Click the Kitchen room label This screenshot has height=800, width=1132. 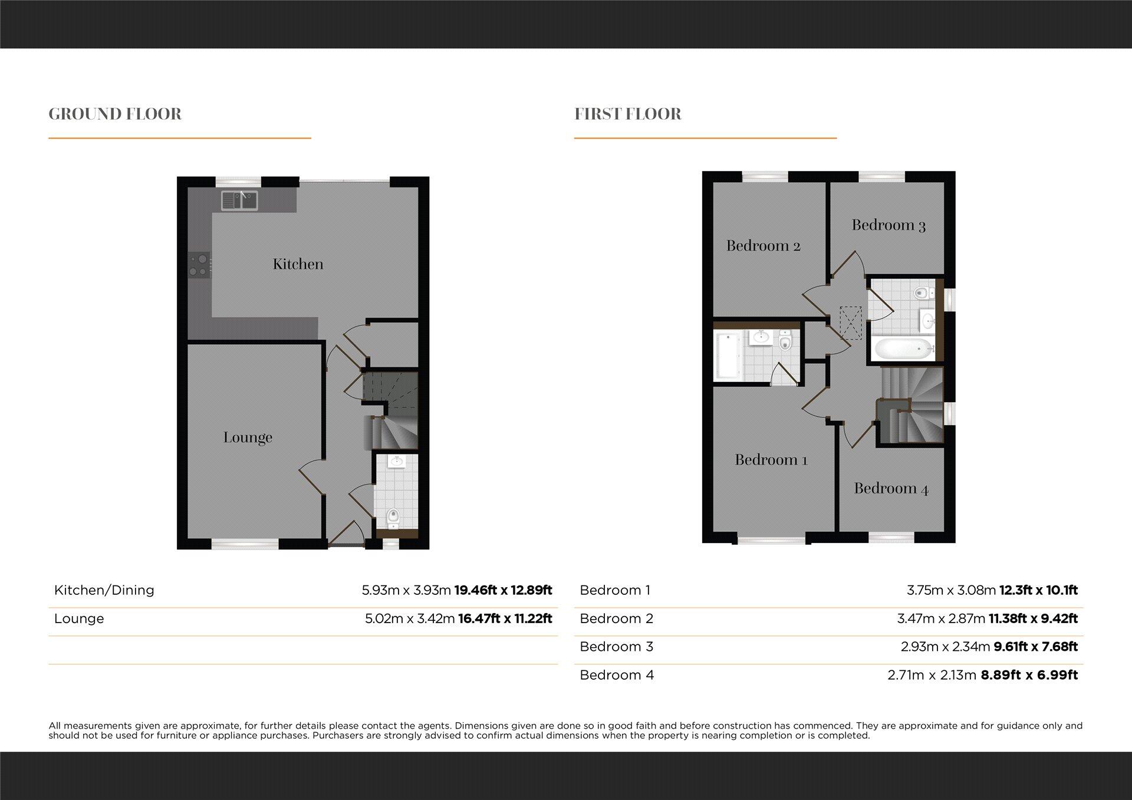click(298, 264)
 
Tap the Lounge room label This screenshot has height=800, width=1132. click(248, 437)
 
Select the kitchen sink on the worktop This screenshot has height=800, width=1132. click(239, 200)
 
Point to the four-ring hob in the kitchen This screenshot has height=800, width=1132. click(199, 265)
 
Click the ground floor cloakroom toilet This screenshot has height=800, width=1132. click(393, 518)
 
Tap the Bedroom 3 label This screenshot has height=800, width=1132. click(889, 225)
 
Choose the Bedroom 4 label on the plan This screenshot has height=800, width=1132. click(891, 489)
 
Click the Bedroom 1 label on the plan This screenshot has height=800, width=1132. click(771, 460)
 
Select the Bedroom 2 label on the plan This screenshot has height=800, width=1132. click(763, 246)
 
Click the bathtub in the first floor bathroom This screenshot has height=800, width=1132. click(902, 349)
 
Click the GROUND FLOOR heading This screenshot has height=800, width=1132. click(115, 114)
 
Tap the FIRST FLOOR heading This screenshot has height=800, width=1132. click(628, 114)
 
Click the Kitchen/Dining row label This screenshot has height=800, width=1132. click(104, 590)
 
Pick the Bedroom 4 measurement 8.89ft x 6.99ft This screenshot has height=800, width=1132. click(1029, 675)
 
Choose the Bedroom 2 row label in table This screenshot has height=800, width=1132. click(616, 618)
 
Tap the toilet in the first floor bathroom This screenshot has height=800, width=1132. click(922, 292)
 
